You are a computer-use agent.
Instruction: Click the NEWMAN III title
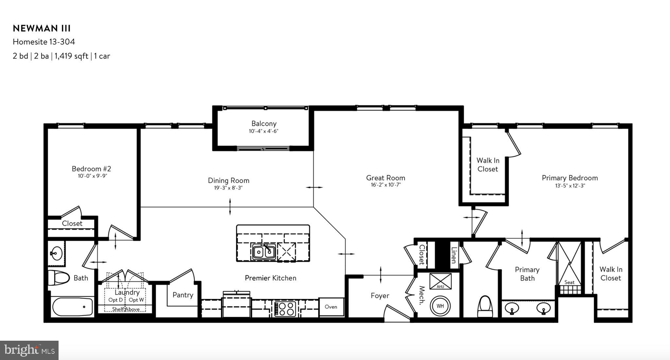pyautogui.click(x=42, y=28)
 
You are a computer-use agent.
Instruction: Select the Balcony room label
pyautogui.click(x=264, y=124)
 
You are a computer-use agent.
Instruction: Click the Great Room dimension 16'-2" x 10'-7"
pyautogui.click(x=385, y=185)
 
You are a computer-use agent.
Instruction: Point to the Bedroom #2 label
pyautogui.click(x=91, y=169)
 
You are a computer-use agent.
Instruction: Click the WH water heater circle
pyautogui.click(x=440, y=306)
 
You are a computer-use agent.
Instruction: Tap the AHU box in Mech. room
pyautogui.click(x=440, y=281)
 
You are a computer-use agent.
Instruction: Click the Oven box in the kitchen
pyautogui.click(x=331, y=307)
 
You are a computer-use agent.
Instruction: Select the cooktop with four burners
pyautogui.click(x=285, y=308)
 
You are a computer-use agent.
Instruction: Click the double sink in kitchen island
pyautogui.click(x=264, y=252)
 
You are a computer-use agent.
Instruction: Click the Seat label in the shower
pyautogui.click(x=569, y=282)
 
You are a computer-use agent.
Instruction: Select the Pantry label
pyautogui.click(x=183, y=295)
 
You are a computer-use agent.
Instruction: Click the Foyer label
pyautogui.click(x=380, y=296)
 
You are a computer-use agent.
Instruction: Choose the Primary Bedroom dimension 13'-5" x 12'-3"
pyautogui.click(x=570, y=186)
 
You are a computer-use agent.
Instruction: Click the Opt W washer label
pyautogui.click(x=136, y=300)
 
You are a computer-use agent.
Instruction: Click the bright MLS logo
pyautogui.click(x=29, y=351)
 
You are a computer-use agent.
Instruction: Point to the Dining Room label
pyautogui.click(x=228, y=181)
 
